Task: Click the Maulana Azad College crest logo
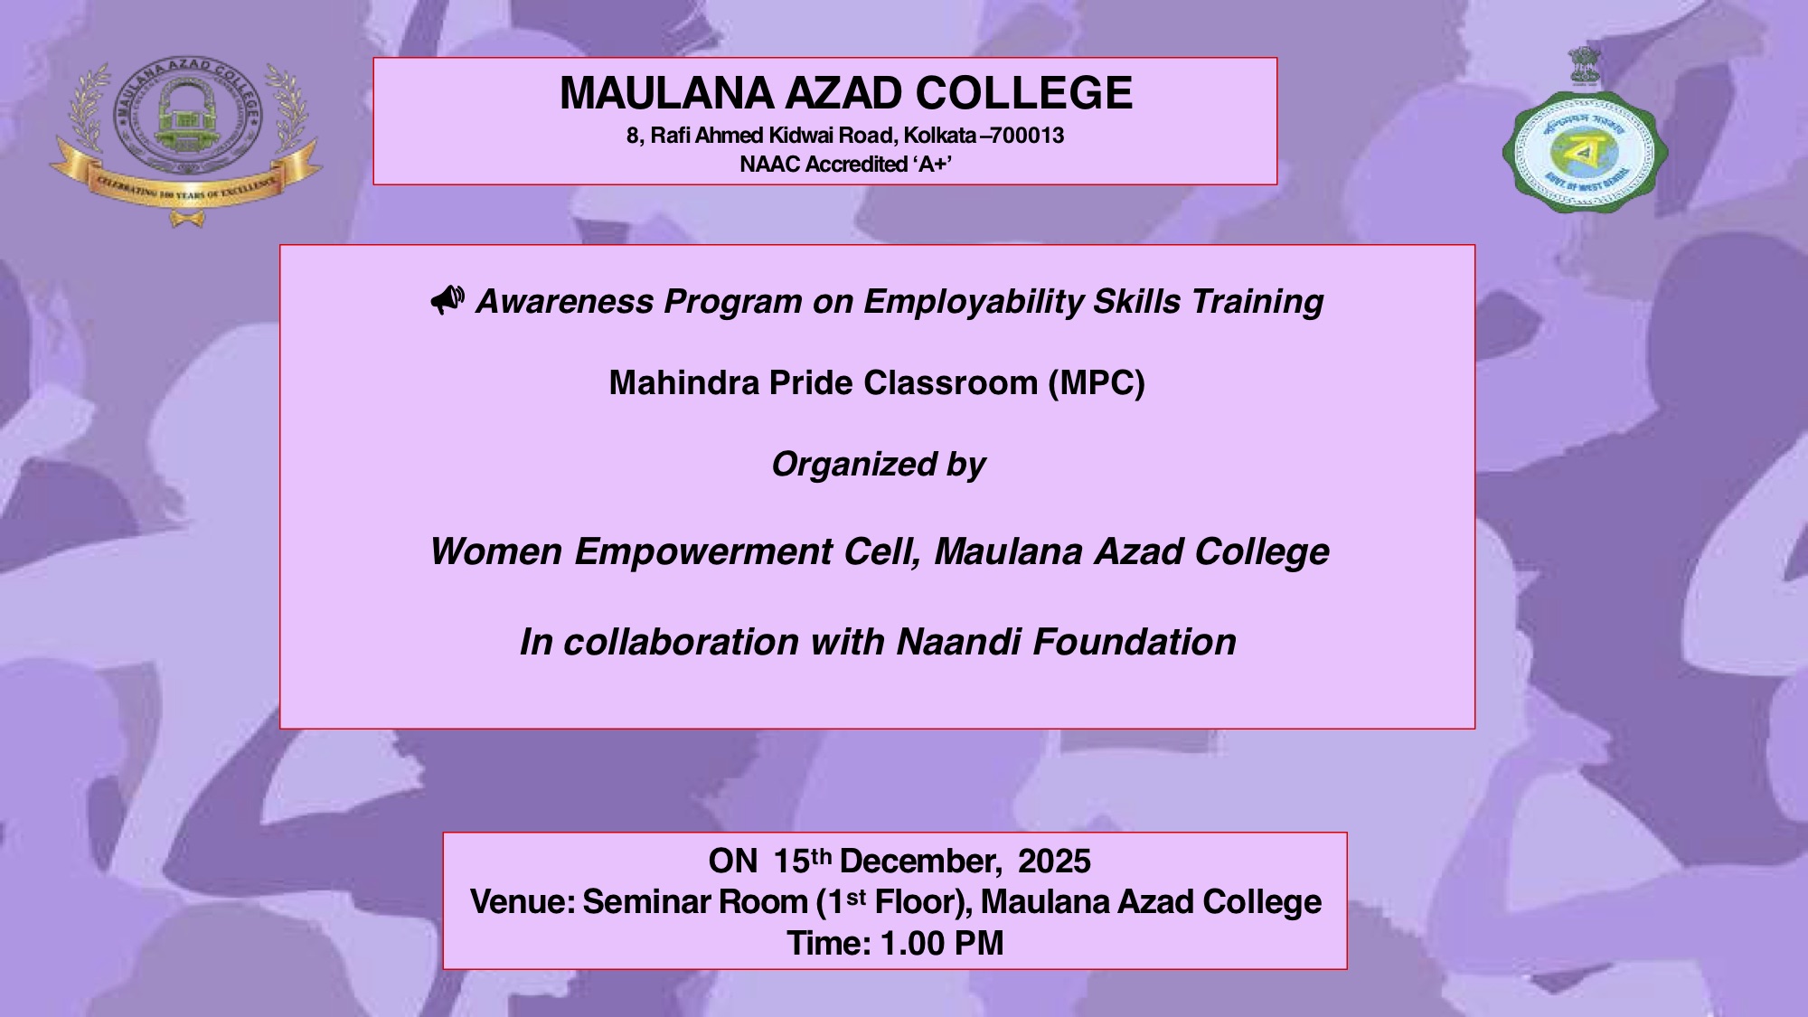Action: pyautogui.click(x=187, y=118)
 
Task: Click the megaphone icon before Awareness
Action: pyautogui.click(x=447, y=299)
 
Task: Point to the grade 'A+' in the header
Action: pyautogui.click(x=936, y=165)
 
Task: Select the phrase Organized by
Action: pyautogui.click(x=878, y=465)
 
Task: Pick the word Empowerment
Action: pyautogui.click(x=703, y=551)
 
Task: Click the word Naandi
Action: pyautogui.click(x=958, y=642)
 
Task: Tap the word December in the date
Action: pyautogui.click(x=919, y=862)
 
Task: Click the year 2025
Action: pyautogui.click(x=1054, y=862)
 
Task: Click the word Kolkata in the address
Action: pyautogui.click(x=940, y=136)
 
